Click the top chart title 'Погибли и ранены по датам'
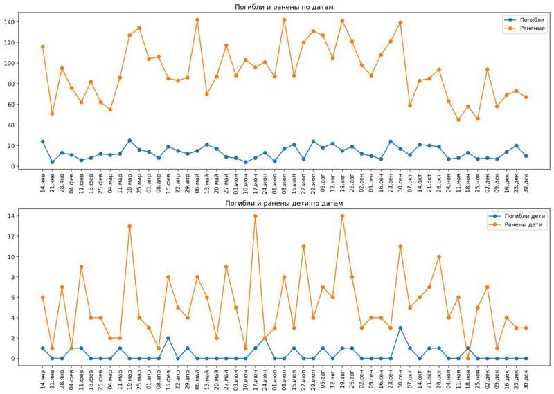[284, 7]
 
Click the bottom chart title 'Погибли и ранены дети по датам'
[284, 203]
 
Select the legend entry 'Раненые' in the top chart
[533, 28]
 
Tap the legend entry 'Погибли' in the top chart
[533, 20]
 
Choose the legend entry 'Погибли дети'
[525, 216]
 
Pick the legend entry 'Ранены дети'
[523, 224]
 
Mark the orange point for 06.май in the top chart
[197, 20]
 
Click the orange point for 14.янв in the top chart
[43, 46]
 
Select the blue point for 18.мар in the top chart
[129, 141]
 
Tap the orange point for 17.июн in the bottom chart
[255, 216]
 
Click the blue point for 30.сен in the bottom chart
[400, 328]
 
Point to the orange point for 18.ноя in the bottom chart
[468, 358]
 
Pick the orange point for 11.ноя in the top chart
[458, 120]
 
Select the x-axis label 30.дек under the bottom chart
[526, 379]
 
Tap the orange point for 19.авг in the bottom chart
[342, 216]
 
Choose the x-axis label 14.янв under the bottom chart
[43, 379]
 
